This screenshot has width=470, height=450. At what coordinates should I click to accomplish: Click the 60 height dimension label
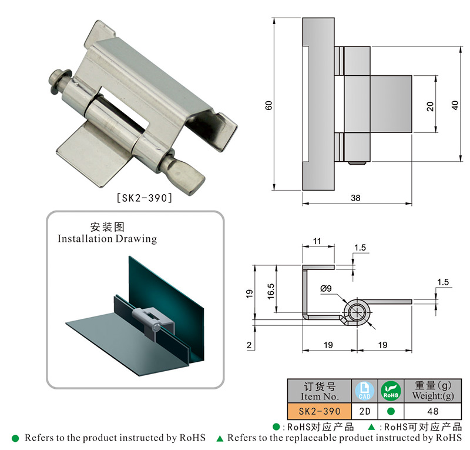pyautogui.click(x=268, y=105)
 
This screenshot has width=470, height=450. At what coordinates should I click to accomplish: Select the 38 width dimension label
pyautogui.click(x=355, y=198)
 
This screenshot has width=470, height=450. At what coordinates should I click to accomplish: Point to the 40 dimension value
pyautogui.click(x=454, y=104)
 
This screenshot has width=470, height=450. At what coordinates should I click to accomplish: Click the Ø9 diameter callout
pyautogui.click(x=327, y=288)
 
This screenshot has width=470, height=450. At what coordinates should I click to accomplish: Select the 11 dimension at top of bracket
pyautogui.click(x=317, y=241)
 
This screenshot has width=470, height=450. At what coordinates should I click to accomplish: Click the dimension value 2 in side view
pyautogui.click(x=249, y=346)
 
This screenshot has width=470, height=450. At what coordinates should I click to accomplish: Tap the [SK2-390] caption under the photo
pyautogui.click(x=145, y=198)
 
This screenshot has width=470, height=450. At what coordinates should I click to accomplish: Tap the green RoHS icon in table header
pyautogui.click(x=390, y=391)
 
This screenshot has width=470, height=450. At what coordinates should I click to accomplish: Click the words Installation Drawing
pyautogui.click(x=108, y=239)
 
